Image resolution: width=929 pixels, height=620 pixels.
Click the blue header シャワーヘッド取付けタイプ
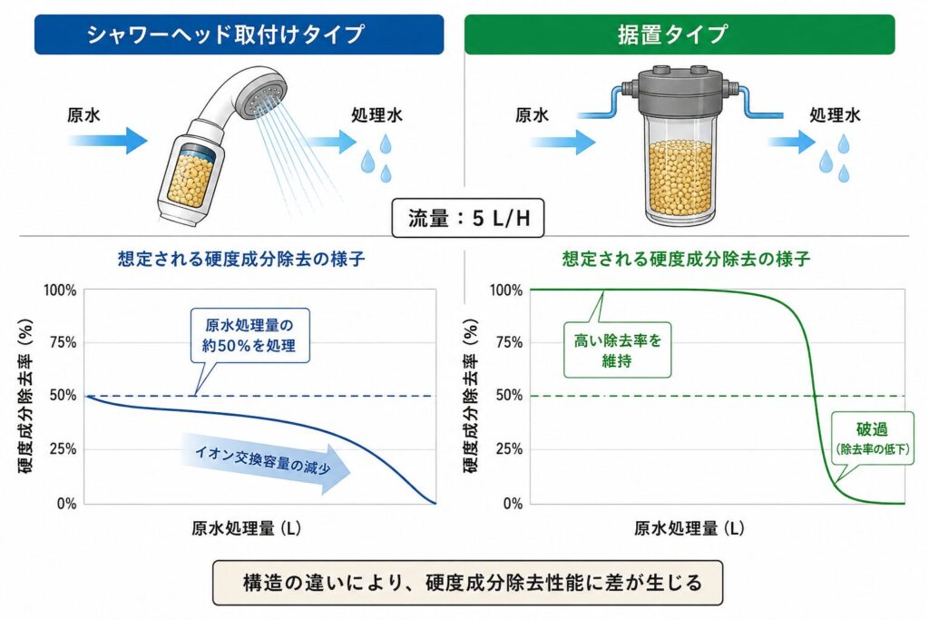coord(239,34)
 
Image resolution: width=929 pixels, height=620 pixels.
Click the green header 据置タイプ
coord(680,34)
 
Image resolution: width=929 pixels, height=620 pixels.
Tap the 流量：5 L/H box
coord(468,218)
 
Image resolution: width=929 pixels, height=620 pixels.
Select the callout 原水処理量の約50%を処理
coord(249,336)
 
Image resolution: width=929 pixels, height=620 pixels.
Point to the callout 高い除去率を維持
coord(617,349)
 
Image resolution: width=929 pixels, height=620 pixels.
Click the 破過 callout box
coord(872,438)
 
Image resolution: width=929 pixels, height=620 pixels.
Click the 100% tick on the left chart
coord(60,290)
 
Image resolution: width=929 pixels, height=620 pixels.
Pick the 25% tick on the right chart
coord(509,449)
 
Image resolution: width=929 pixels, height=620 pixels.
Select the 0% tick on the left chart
coord(66,504)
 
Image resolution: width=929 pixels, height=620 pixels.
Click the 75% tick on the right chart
coord(509,342)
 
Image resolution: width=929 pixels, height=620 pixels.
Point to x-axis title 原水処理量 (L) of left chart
coord(246,528)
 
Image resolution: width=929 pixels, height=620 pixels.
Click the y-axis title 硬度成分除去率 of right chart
coord(470,396)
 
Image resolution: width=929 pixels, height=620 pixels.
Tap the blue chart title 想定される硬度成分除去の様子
coord(241,259)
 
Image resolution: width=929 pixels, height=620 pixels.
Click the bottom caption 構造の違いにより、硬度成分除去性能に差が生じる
coord(468,583)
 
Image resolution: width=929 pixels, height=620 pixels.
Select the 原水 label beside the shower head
coord(83,115)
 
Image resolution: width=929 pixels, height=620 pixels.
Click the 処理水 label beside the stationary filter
coord(835,115)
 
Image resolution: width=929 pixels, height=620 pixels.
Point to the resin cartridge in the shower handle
coord(191,176)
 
